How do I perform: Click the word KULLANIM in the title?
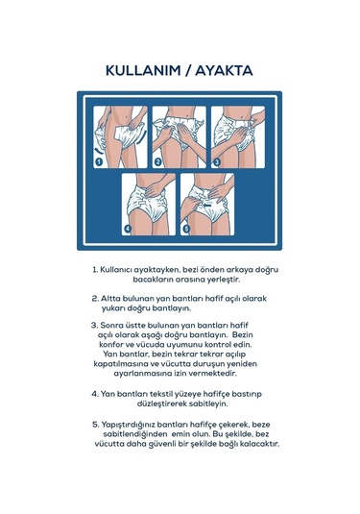143,70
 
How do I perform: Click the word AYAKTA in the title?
224,70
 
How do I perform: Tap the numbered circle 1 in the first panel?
99,161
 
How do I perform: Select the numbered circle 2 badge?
157,161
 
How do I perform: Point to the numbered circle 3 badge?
217,161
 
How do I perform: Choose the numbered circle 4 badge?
128,229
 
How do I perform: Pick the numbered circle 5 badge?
186,229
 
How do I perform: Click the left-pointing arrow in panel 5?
207,205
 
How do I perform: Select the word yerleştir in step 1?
224,280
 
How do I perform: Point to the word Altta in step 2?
109,299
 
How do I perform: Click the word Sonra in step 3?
110,325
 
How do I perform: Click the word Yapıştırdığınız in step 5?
128,425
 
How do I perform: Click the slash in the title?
188,71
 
